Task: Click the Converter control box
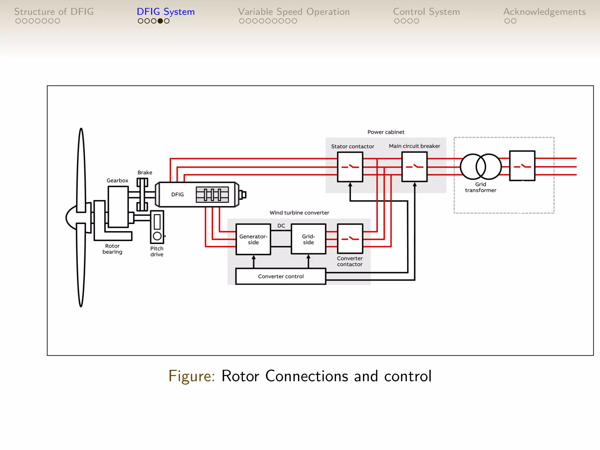click(x=281, y=276)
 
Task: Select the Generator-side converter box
click(x=253, y=239)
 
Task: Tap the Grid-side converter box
click(x=308, y=239)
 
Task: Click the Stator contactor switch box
click(x=350, y=167)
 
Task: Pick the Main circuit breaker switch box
click(x=414, y=167)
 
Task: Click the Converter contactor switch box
click(x=350, y=239)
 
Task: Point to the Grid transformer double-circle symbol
click(x=481, y=166)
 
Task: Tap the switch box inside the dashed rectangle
click(x=522, y=166)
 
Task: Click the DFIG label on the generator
click(x=177, y=195)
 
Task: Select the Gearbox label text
click(x=117, y=180)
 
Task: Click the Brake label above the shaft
click(x=145, y=173)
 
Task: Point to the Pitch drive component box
click(x=157, y=227)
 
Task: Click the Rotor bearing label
click(x=112, y=249)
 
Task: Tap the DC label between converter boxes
click(x=281, y=226)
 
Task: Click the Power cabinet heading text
click(x=386, y=132)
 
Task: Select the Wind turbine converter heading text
click(x=299, y=213)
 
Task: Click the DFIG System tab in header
click(x=166, y=12)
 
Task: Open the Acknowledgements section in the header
click(x=544, y=12)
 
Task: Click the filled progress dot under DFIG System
click(x=160, y=21)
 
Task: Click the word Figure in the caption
click(x=192, y=376)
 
